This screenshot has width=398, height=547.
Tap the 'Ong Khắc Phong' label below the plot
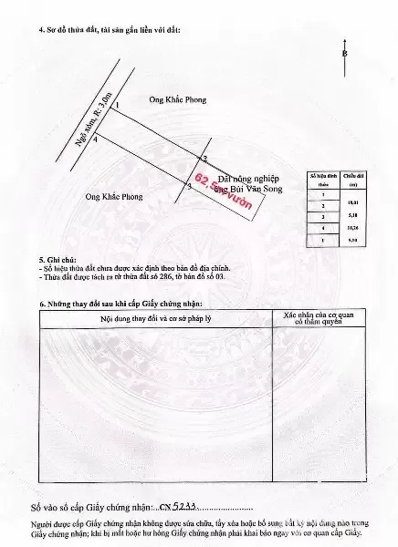tap(114, 195)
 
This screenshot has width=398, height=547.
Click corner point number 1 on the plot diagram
tap(117, 107)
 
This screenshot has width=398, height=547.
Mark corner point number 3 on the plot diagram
tap(188, 186)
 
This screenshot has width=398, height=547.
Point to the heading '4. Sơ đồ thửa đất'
tap(110, 31)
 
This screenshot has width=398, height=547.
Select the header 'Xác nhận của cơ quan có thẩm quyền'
tap(312, 318)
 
